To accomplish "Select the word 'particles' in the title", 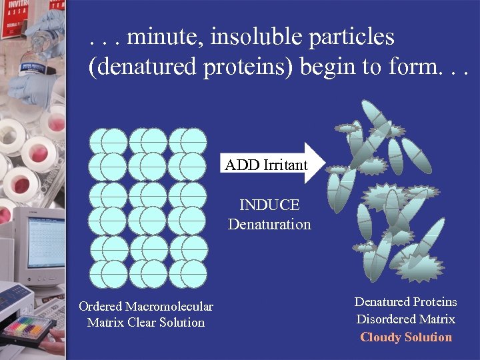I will point(352,37).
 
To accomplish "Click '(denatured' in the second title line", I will point(139,67).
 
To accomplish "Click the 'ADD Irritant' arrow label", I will point(266,165).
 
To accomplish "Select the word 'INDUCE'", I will point(269,205).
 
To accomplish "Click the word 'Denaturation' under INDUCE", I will point(269,225).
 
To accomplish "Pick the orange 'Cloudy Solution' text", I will point(406,337).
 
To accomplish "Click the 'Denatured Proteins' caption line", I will point(405,302).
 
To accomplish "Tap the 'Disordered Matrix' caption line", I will point(405,319).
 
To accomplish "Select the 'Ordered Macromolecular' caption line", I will point(146,307).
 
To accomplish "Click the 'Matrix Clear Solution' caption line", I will point(146,323).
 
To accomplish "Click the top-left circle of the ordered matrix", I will point(102,141).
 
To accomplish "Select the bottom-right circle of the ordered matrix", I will point(194,273).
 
